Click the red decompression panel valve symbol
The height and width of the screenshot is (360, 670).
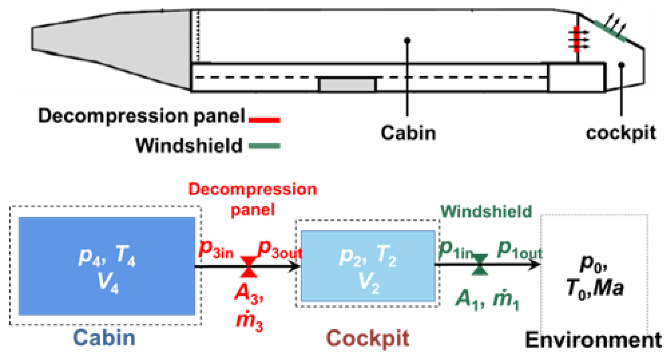click(249, 266)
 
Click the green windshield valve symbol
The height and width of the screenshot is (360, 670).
click(479, 265)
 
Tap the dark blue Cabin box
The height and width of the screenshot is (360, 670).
click(107, 266)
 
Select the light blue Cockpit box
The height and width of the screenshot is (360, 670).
click(368, 266)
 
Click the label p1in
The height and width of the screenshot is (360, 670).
click(455, 250)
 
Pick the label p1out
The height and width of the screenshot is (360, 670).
click(519, 250)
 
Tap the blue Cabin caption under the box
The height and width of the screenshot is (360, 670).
click(104, 338)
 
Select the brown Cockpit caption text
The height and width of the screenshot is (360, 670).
click(368, 338)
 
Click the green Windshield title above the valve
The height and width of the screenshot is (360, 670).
click(486, 211)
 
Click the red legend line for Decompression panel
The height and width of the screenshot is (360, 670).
click(264, 120)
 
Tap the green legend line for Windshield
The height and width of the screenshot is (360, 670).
click(264, 146)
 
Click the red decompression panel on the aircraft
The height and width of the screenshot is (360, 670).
click(576, 39)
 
